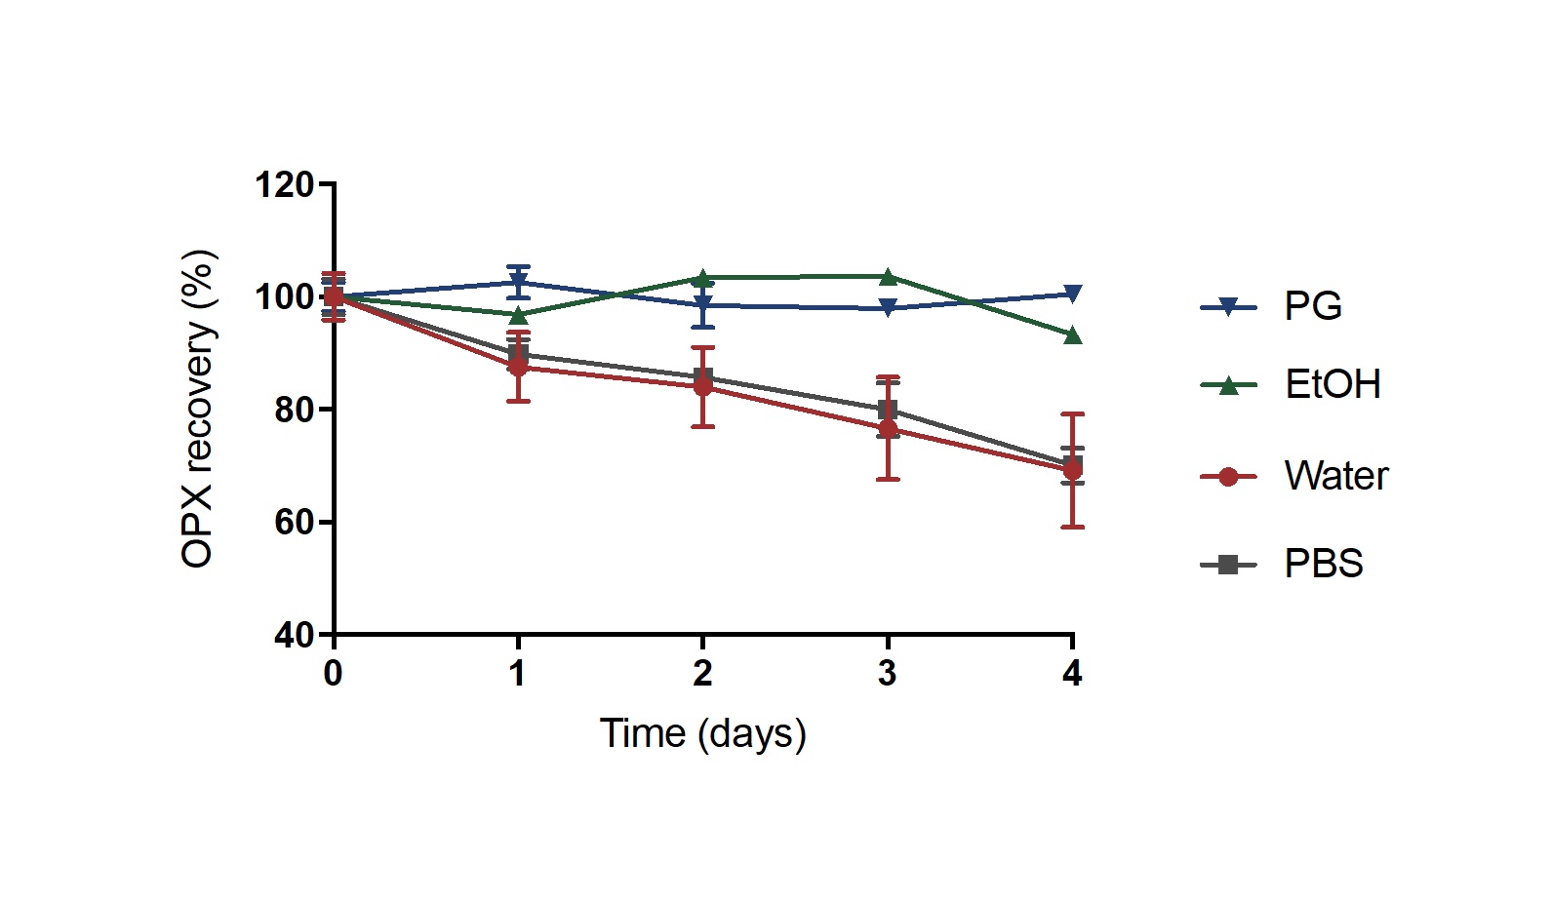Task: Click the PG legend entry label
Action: (1312, 306)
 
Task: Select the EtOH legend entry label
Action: (1332, 384)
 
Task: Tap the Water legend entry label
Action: (1335, 476)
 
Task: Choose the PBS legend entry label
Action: (1323, 564)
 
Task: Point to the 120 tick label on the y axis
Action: (284, 184)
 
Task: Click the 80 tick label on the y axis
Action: (294, 410)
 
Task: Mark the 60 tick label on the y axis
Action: (294, 523)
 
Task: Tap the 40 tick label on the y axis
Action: (294, 636)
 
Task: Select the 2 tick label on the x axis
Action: (702, 673)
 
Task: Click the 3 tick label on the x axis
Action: (887, 673)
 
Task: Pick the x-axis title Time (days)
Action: (702, 733)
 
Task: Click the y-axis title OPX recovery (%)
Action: (198, 410)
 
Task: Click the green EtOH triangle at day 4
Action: (1072, 335)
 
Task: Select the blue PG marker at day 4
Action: (1072, 294)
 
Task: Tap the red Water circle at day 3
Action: (888, 429)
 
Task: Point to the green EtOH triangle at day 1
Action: (518, 315)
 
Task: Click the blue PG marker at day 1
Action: (518, 282)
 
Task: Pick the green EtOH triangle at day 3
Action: (888, 277)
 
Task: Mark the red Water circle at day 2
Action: (702, 386)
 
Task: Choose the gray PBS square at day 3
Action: (888, 410)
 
